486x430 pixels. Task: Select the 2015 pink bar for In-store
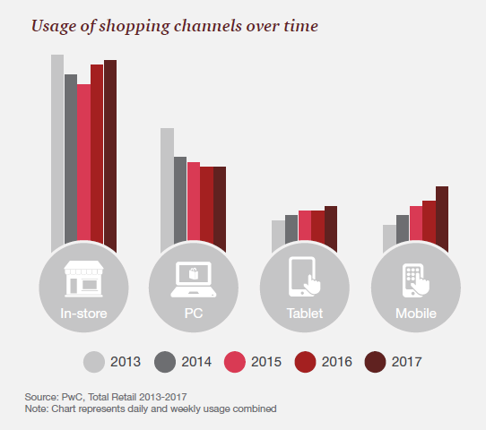pos(83,162)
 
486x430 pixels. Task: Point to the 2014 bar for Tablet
pos(291,228)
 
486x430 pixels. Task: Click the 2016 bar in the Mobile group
pos(429,221)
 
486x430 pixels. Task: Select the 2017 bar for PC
pos(220,208)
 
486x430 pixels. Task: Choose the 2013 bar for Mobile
pos(389,237)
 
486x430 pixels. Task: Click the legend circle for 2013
pos(94,362)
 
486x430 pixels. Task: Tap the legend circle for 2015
pos(235,362)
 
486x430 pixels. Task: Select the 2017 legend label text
pos(407,362)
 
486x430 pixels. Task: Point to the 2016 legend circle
pos(305,362)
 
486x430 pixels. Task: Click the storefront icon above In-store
pos(83,279)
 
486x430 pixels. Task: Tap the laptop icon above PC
pos(194,279)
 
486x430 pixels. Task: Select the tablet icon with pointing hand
pos(304,277)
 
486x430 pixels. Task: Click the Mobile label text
pos(416,314)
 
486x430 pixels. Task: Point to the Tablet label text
pos(305,314)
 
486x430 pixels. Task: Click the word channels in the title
pos(208,26)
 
